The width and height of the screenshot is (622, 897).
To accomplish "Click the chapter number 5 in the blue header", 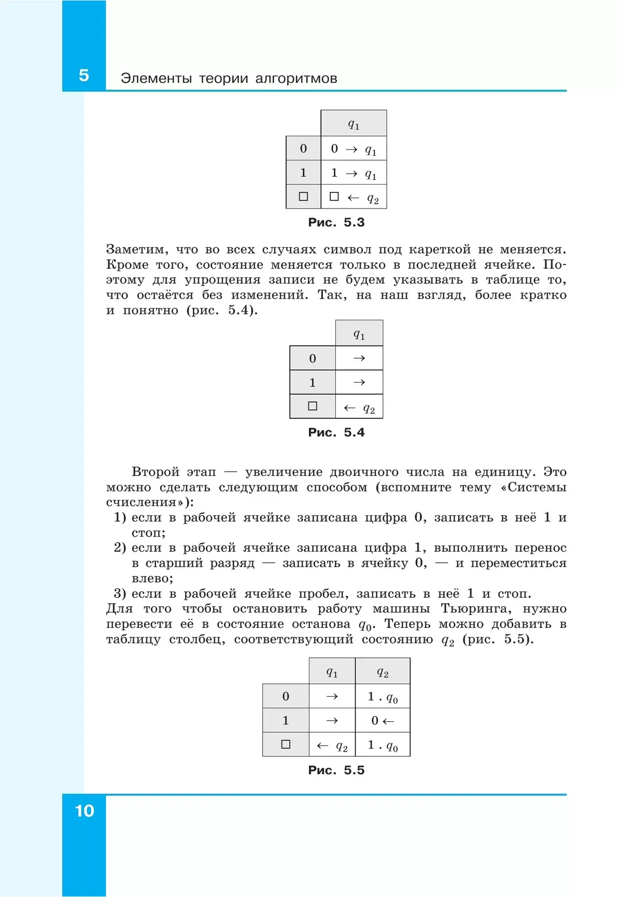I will coord(84,76).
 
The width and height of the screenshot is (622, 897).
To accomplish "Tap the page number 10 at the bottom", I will coord(84,811).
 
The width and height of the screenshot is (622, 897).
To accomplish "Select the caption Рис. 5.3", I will coord(336,222).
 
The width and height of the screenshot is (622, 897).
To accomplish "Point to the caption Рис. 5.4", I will coord(336,432).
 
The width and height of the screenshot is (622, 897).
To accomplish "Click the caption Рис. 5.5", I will coord(336,770).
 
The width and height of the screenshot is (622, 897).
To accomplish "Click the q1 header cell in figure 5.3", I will coord(354,124).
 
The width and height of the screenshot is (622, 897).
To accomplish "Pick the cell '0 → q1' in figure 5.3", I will coord(354,149).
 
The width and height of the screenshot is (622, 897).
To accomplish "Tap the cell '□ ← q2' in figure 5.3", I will coord(354,198).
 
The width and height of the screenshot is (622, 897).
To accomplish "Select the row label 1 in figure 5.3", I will coord(303,173).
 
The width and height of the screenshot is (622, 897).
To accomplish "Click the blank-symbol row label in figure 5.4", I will coord(312,407).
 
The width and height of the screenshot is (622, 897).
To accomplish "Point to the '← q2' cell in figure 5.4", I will coord(359,408).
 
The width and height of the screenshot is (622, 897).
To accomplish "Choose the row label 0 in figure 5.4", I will coord(312,358).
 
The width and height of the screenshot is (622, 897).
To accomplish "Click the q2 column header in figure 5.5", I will coord(383,672).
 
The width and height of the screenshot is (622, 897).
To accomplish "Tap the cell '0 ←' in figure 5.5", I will coord(383,721).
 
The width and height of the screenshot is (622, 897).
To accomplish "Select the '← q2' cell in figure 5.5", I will coord(332,746).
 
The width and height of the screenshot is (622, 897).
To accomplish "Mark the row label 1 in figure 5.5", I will coord(286,720).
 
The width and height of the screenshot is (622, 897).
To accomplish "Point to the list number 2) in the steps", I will coord(120,548).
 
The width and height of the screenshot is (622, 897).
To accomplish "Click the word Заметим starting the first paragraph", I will coord(137,249).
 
